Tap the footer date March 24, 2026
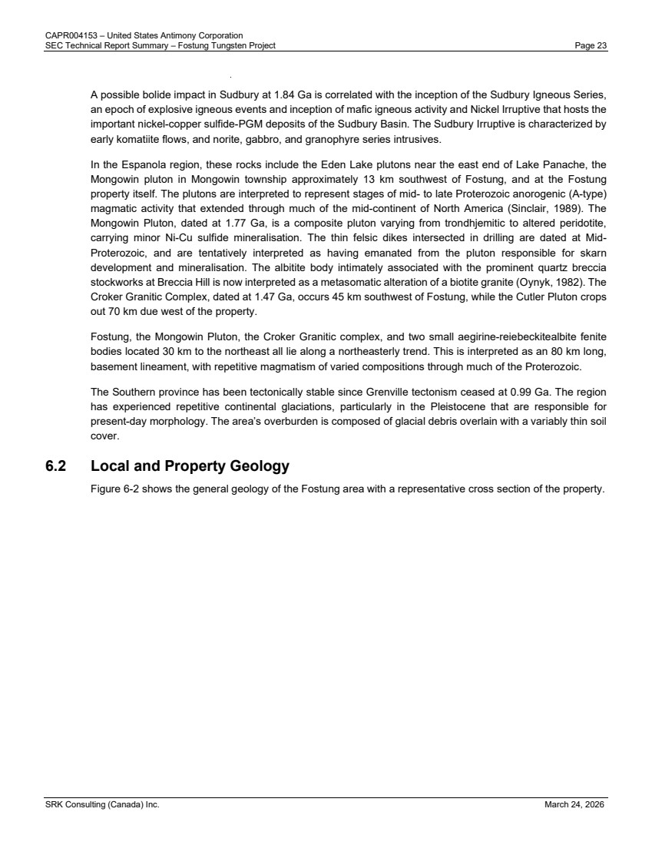[575, 805]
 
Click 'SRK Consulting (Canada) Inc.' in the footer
[101, 805]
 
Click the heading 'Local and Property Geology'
[190, 466]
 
